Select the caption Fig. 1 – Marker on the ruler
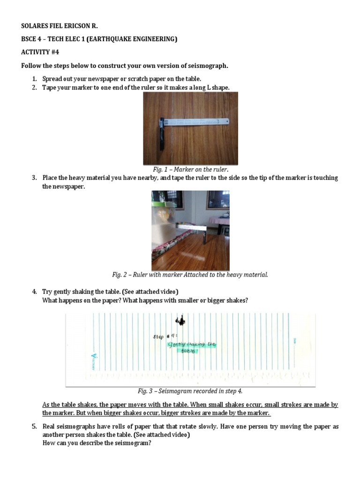coord(190,169)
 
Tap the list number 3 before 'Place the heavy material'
coord(34,178)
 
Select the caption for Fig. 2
coord(190,274)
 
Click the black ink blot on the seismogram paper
coord(180,321)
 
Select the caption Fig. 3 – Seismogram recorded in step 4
coord(190,390)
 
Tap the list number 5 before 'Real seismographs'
coord(34,427)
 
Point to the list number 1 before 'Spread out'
coord(34,79)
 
